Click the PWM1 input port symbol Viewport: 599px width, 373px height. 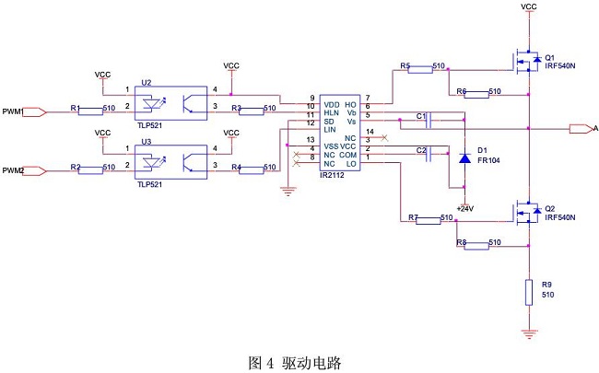tap(33, 111)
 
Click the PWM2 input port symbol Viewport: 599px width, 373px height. tap(33, 169)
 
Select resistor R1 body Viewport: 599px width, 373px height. tap(90, 111)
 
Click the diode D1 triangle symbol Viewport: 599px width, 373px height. tap(464, 157)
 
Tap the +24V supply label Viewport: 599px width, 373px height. tap(464, 209)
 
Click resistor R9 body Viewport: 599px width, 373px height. tap(528, 293)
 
